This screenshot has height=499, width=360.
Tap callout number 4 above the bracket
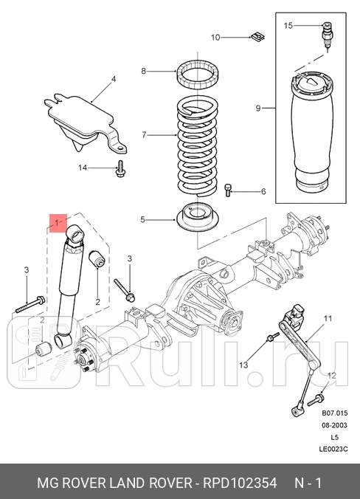(x=114, y=79)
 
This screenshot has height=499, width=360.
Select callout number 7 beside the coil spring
(x=145, y=135)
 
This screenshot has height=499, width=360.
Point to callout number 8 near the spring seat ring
(x=145, y=71)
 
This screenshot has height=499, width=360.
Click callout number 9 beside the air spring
(x=259, y=109)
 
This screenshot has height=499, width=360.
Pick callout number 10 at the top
(x=215, y=37)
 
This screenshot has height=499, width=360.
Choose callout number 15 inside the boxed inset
(x=288, y=26)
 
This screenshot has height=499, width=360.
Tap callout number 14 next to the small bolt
(x=83, y=168)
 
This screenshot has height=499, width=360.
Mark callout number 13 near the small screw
(x=243, y=365)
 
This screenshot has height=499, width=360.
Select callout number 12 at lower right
(x=331, y=376)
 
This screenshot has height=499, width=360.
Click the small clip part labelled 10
(x=257, y=35)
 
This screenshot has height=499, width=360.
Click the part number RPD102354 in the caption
(x=240, y=483)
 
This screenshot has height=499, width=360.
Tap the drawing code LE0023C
(x=333, y=449)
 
